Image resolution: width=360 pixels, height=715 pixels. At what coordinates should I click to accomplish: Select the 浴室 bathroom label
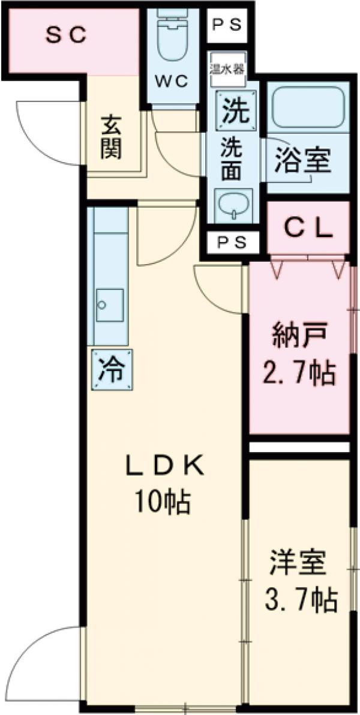click(302, 160)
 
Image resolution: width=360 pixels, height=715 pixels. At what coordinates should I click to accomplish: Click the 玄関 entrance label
click(111, 137)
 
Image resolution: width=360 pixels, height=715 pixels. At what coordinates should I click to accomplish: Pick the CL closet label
click(308, 228)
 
